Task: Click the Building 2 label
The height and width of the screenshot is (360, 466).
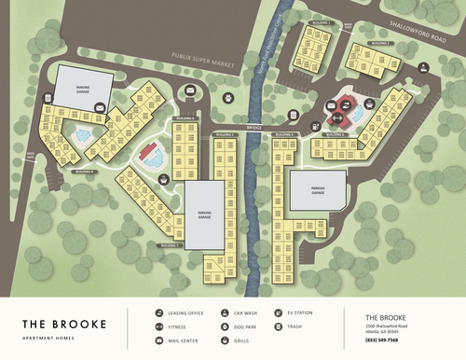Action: tap(378, 43)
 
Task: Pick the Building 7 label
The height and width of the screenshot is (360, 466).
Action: tap(170, 244)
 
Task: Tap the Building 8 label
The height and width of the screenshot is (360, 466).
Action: tap(85, 173)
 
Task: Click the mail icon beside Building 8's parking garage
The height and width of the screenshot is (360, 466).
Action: tap(100, 109)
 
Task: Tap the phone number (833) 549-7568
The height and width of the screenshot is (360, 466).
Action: tap(383, 339)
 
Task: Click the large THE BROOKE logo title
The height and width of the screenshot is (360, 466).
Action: tap(64, 325)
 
